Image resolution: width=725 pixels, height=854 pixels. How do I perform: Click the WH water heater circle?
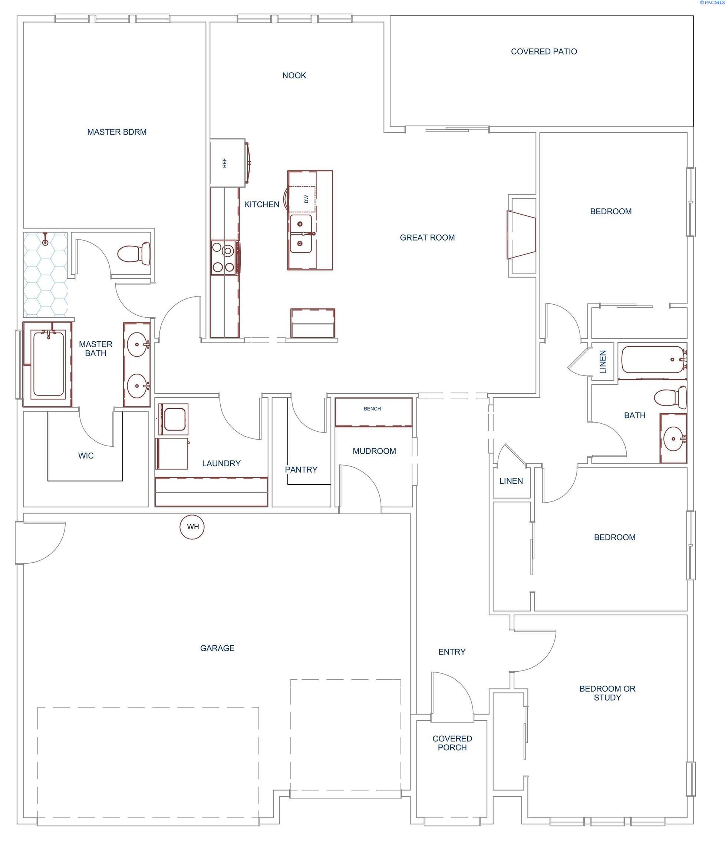193,527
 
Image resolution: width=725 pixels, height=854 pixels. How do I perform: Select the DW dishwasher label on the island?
306,199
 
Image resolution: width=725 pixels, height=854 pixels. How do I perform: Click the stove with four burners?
224,258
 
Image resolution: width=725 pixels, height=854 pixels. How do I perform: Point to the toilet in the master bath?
134,254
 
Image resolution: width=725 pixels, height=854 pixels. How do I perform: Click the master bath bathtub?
48,364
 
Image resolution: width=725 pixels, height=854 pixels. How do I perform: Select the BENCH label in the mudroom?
372,409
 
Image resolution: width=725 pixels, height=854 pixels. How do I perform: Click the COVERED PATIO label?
544,52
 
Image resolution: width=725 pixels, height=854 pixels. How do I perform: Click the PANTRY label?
301,470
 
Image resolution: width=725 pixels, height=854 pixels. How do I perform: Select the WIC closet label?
86,456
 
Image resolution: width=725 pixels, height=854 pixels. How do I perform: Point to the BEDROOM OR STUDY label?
607,693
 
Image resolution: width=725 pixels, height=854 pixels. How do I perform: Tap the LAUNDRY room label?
221,463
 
